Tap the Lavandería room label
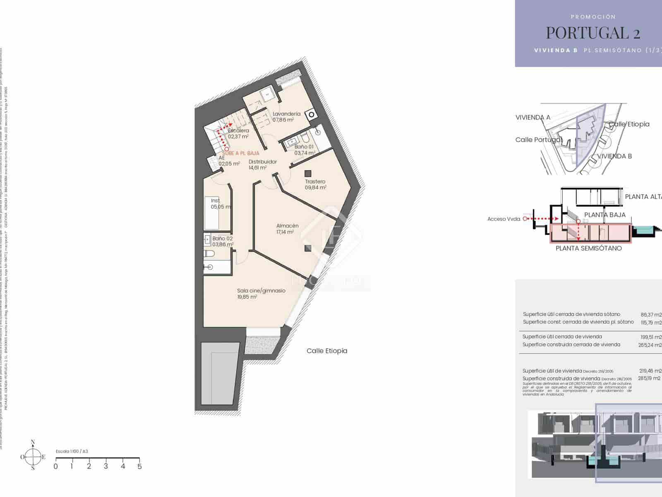coord(286,114)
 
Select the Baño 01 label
coord(304,147)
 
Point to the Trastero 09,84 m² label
coord(315,184)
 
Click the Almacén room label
coord(287,226)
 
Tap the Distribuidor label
coord(263,162)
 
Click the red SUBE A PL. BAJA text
coord(241,153)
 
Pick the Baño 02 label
coord(223,239)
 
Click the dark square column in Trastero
coord(308,174)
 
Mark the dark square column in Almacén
coord(308,248)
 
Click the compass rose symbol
coord(33,457)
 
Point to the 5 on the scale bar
coord(139,466)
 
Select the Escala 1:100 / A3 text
coord(72,451)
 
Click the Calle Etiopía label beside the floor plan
coord(327,351)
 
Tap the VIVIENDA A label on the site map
coord(533,117)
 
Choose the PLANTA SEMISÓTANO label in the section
coord(588,248)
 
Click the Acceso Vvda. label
coord(504,219)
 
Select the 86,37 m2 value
coord(651,314)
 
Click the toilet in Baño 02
coord(209,253)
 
